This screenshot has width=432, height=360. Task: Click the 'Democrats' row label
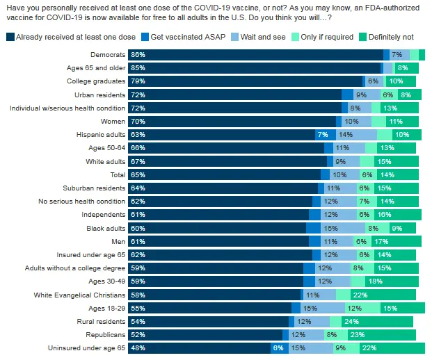tap(107, 54)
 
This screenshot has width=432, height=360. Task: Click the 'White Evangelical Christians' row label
tap(79, 295)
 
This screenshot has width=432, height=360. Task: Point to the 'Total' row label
tap(118, 174)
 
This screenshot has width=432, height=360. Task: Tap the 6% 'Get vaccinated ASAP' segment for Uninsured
tap(278, 347)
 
